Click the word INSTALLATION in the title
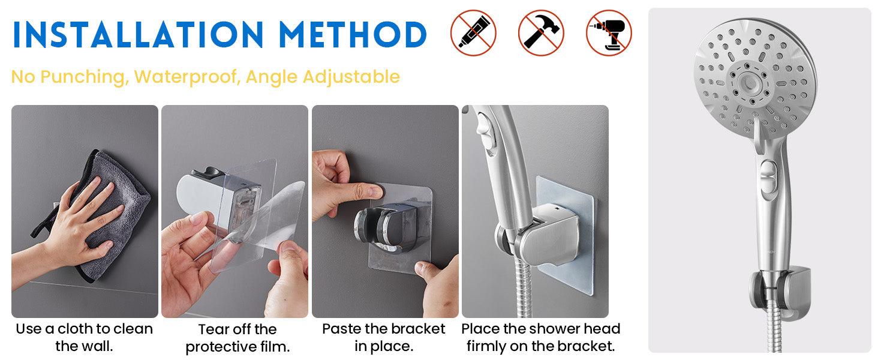138,35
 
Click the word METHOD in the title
353,35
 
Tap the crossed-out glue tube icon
473,33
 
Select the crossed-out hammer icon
541,33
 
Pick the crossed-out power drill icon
609,33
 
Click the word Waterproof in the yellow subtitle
187,77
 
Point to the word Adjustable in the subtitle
351,77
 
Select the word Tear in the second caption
212,329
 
